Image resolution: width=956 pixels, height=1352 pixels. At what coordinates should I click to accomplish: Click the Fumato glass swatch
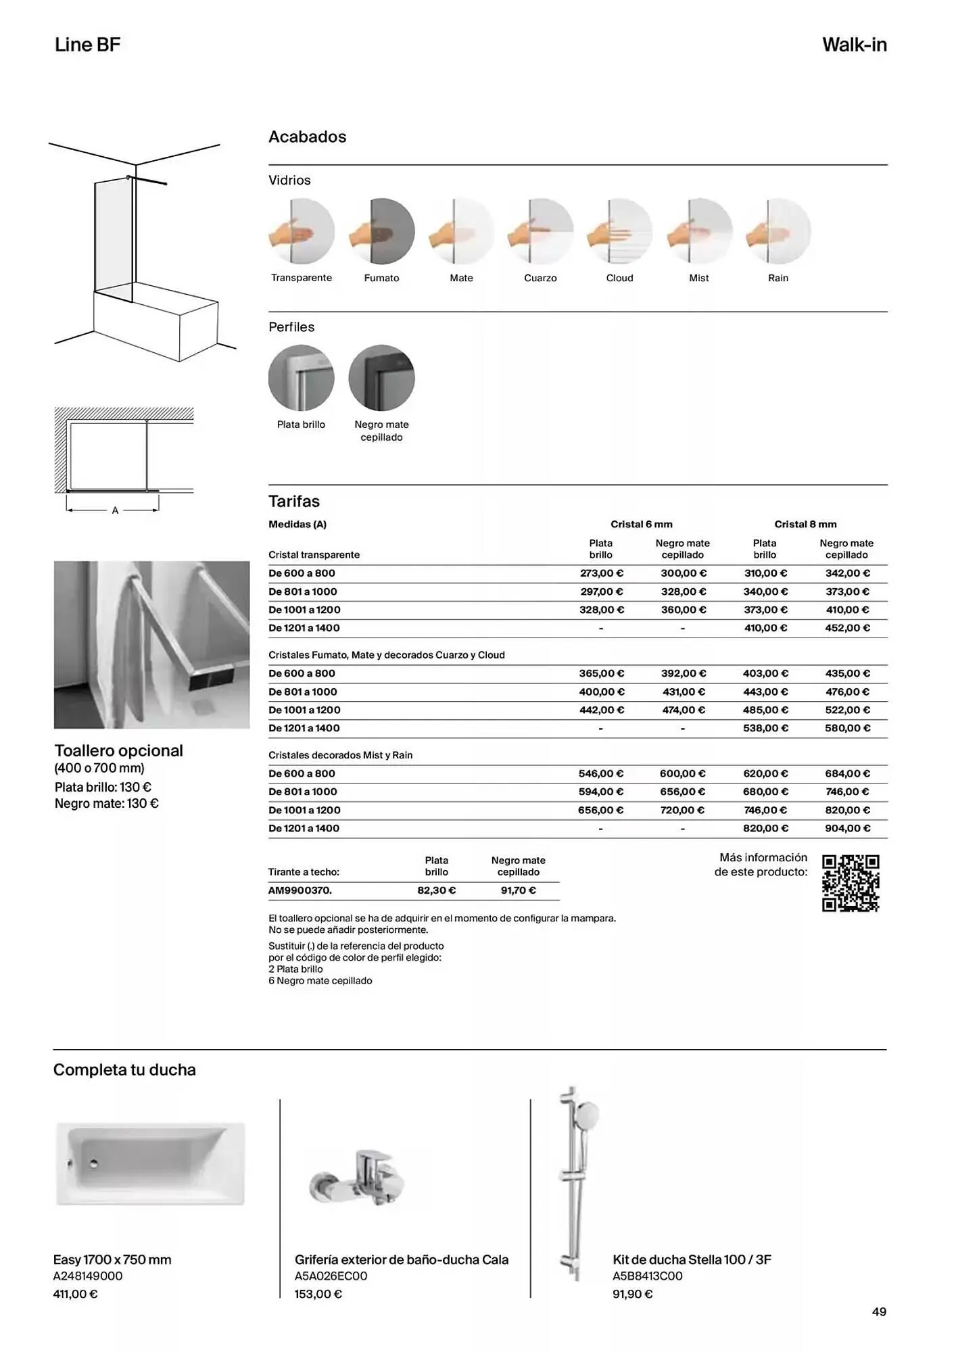[x=381, y=231]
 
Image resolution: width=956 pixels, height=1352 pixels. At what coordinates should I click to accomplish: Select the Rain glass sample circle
[x=778, y=231]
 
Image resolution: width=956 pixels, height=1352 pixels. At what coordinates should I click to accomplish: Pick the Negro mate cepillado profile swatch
[x=381, y=378]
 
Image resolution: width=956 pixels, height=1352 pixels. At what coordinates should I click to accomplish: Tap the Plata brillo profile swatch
[x=302, y=378]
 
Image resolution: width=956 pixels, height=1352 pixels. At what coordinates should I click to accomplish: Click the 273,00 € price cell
[x=601, y=573]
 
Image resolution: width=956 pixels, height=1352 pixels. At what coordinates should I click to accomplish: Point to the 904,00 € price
[x=847, y=828]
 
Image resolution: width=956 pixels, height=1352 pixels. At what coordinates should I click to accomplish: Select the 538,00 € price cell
[x=765, y=728]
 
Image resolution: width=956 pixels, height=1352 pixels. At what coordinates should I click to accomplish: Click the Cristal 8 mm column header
[x=805, y=524]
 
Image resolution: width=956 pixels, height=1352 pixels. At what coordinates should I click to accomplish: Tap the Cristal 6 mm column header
[x=641, y=524]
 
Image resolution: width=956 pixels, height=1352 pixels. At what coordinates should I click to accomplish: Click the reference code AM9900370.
[x=300, y=890]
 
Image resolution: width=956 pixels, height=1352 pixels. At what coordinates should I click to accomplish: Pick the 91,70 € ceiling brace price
[x=519, y=890]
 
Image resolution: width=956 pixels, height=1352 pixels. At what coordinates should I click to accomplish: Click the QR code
[x=851, y=883]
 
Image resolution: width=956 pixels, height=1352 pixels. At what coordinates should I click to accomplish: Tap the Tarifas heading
[x=294, y=502]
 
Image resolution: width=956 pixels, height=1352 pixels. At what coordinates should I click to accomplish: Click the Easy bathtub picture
[x=150, y=1163]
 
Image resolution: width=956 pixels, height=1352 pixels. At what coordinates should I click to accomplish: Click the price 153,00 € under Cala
[x=318, y=1294]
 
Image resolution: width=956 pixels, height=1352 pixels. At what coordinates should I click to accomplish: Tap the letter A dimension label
[x=115, y=510]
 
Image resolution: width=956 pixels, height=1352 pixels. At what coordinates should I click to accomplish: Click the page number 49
[x=879, y=1311]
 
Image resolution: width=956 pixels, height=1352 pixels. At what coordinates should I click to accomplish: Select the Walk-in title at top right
[x=854, y=45]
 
